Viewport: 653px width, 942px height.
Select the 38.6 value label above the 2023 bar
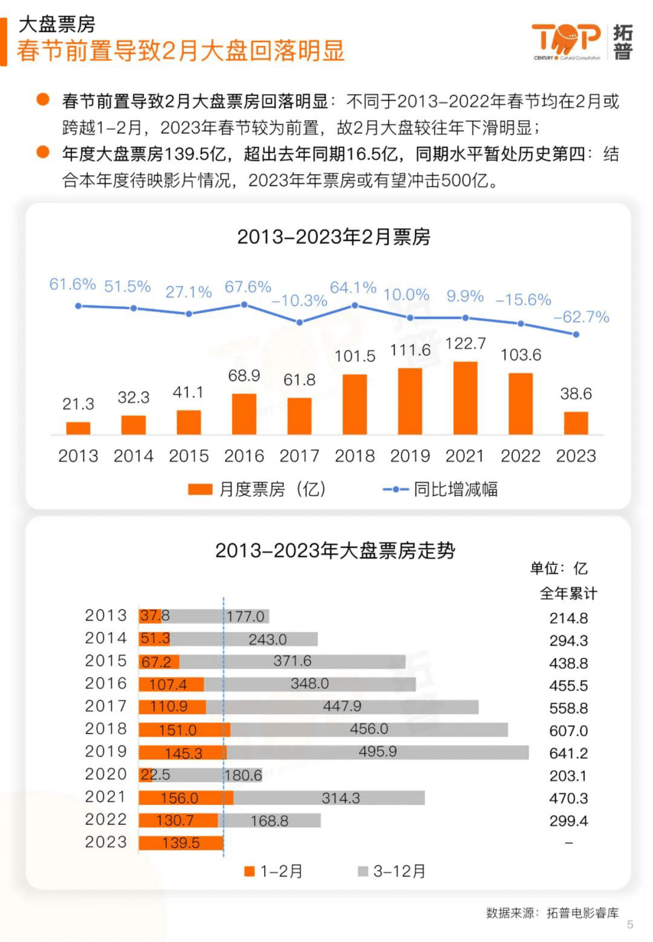[575, 393]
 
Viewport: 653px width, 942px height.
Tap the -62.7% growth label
[581, 317]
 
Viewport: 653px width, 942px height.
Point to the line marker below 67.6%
[244, 304]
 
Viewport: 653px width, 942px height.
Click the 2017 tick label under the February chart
[299, 455]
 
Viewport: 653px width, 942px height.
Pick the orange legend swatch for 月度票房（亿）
[200, 489]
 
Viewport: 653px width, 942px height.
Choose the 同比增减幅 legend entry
[440, 489]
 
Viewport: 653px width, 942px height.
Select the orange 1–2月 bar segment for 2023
[181, 843]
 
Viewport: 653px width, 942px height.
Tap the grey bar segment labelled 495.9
[377, 753]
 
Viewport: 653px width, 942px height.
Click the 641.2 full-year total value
[568, 753]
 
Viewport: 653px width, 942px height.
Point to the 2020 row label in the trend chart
[106, 774]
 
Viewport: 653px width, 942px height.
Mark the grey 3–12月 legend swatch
[363, 871]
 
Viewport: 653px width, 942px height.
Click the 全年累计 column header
[568, 593]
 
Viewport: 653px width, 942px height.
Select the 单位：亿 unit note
[558, 568]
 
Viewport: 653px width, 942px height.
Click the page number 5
[629, 924]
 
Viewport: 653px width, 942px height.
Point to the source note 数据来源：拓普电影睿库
[552, 912]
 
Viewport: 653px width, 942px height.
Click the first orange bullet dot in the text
[43, 100]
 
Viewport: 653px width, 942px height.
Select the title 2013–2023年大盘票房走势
[335, 550]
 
